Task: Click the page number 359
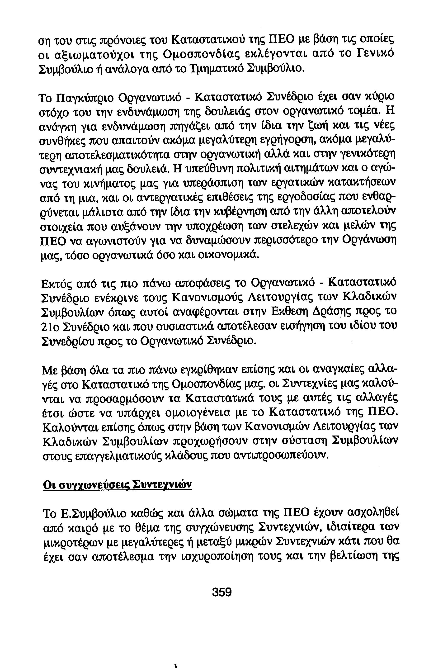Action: (222, 592)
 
